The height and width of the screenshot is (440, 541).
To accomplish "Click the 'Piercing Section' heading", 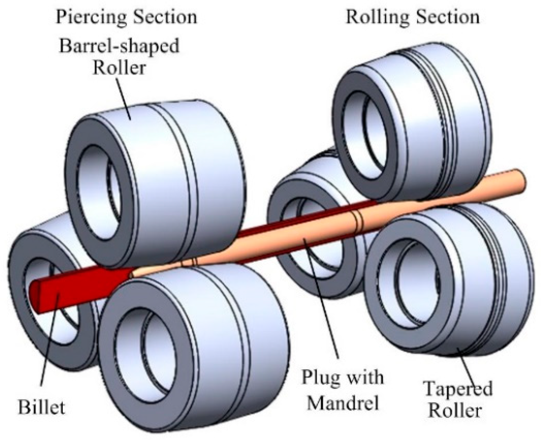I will tap(126, 17).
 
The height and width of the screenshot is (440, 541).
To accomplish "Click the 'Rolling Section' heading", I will tap(413, 17).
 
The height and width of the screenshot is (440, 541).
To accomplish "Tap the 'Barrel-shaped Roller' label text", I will tap(119, 56).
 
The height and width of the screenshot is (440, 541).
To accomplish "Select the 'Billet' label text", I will tap(41, 407).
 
